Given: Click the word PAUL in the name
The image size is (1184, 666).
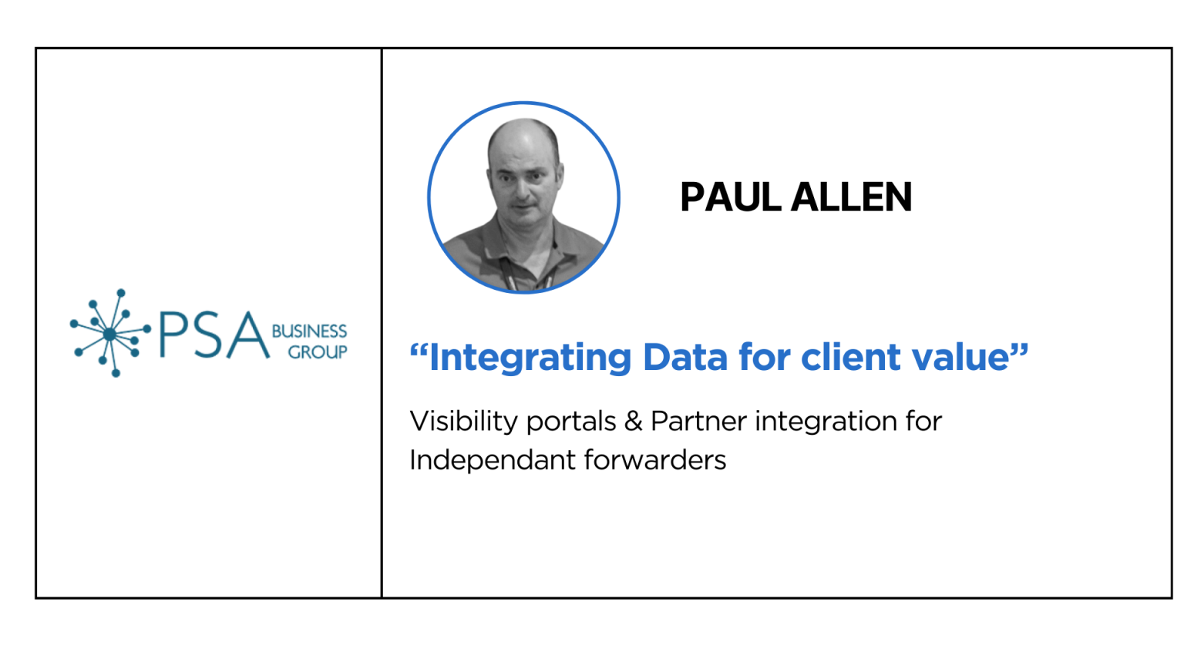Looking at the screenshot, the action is point(731,197).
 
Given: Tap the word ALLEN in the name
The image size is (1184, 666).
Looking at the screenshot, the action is point(852,197).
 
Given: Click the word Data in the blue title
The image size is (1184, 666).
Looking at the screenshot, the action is point(685,358).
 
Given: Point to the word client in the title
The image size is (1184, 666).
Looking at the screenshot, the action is point(851,358).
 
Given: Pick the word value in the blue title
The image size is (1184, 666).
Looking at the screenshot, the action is point(961,358).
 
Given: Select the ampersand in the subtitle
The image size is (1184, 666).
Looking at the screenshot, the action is point(633,422).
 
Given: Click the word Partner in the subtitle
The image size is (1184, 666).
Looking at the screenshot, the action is point(698,422).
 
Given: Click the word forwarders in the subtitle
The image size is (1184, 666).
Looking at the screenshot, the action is point(655,459).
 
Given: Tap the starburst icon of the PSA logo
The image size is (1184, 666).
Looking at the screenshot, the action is point(110,333).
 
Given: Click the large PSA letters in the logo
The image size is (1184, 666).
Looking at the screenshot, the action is point(214,335).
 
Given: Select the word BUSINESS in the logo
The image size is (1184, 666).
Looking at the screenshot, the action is point(309,331).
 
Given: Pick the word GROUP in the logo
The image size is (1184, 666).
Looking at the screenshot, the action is point(317,351).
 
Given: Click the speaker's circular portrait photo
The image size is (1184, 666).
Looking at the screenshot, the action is point(523,197).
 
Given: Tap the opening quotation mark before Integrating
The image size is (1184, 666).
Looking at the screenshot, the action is point(418,350).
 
